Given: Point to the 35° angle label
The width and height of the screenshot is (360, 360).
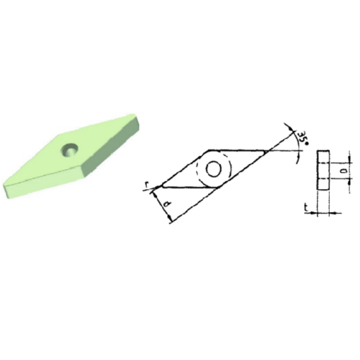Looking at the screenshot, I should click(x=302, y=137).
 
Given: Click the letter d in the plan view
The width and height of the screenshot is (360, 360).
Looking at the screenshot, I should click(x=168, y=207).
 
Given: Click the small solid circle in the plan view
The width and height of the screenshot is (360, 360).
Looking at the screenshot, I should click(x=213, y=170).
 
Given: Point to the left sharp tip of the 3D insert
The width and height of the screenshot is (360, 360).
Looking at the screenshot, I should click(x=5, y=187).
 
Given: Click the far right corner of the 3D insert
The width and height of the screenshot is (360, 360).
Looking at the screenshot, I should click(x=139, y=118).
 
